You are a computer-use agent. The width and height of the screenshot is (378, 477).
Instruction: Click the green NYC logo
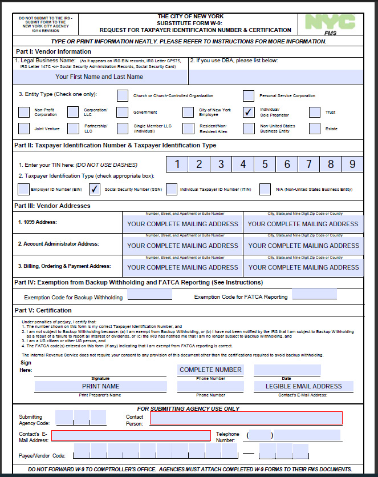click(x=330, y=22)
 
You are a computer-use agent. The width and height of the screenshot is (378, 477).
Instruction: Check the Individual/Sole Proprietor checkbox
click(x=249, y=112)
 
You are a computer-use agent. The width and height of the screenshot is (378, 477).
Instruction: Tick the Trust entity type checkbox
click(x=315, y=112)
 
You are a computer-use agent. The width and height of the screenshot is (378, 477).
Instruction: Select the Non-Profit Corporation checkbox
click(x=24, y=112)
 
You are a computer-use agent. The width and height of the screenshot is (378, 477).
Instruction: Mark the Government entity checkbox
click(x=123, y=112)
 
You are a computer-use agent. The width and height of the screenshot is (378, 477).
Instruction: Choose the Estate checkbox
click(x=315, y=129)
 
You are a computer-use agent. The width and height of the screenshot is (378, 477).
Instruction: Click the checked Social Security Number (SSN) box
click(x=95, y=189)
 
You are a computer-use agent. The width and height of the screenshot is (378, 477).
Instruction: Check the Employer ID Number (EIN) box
click(x=24, y=189)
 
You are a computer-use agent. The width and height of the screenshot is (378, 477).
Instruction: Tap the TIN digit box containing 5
click(x=265, y=165)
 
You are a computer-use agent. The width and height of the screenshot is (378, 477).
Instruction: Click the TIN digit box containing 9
click(x=352, y=165)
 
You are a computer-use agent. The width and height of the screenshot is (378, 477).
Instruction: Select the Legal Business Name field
click(x=99, y=77)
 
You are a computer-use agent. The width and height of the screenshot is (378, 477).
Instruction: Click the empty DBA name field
click(x=276, y=77)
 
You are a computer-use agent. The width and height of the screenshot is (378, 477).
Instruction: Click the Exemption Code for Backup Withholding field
click(x=149, y=295)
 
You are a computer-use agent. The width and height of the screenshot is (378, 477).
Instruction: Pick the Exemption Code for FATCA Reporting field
click(x=314, y=295)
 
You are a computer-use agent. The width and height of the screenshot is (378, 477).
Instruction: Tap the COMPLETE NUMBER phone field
click(x=210, y=370)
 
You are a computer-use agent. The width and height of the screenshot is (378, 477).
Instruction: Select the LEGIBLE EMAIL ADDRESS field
click(x=303, y=386)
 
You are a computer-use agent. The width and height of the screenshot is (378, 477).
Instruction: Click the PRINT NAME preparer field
click(x=100, y=386)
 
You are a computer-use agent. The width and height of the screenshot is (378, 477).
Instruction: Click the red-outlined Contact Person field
click(x=246, y=418)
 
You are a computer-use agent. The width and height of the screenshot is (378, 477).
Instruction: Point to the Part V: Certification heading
click(x=43, y=311)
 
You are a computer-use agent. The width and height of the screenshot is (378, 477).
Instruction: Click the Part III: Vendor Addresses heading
click(x=52, y=206)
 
